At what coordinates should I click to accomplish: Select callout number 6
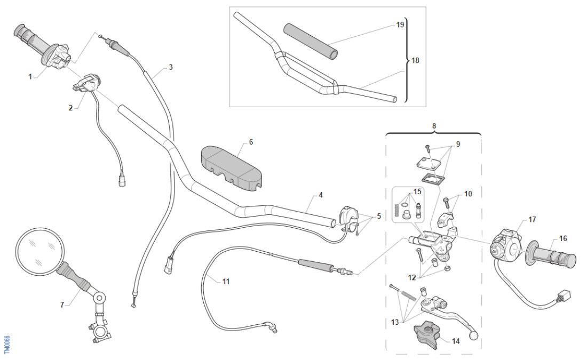[251, 142]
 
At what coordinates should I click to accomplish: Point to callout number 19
[400, 25]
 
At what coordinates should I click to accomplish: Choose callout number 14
[455, 341]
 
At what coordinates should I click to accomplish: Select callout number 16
[563, 238]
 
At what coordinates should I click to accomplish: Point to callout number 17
[532, 220]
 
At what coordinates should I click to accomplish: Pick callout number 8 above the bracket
[434, 126]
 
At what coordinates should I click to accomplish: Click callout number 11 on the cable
[226, 281]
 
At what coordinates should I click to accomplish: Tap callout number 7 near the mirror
[62, 305]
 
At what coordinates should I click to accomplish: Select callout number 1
[30, 77]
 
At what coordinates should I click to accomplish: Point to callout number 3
[170, 67]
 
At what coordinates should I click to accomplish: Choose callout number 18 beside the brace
[415, 60]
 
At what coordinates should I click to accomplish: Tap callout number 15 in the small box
[417, 191]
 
